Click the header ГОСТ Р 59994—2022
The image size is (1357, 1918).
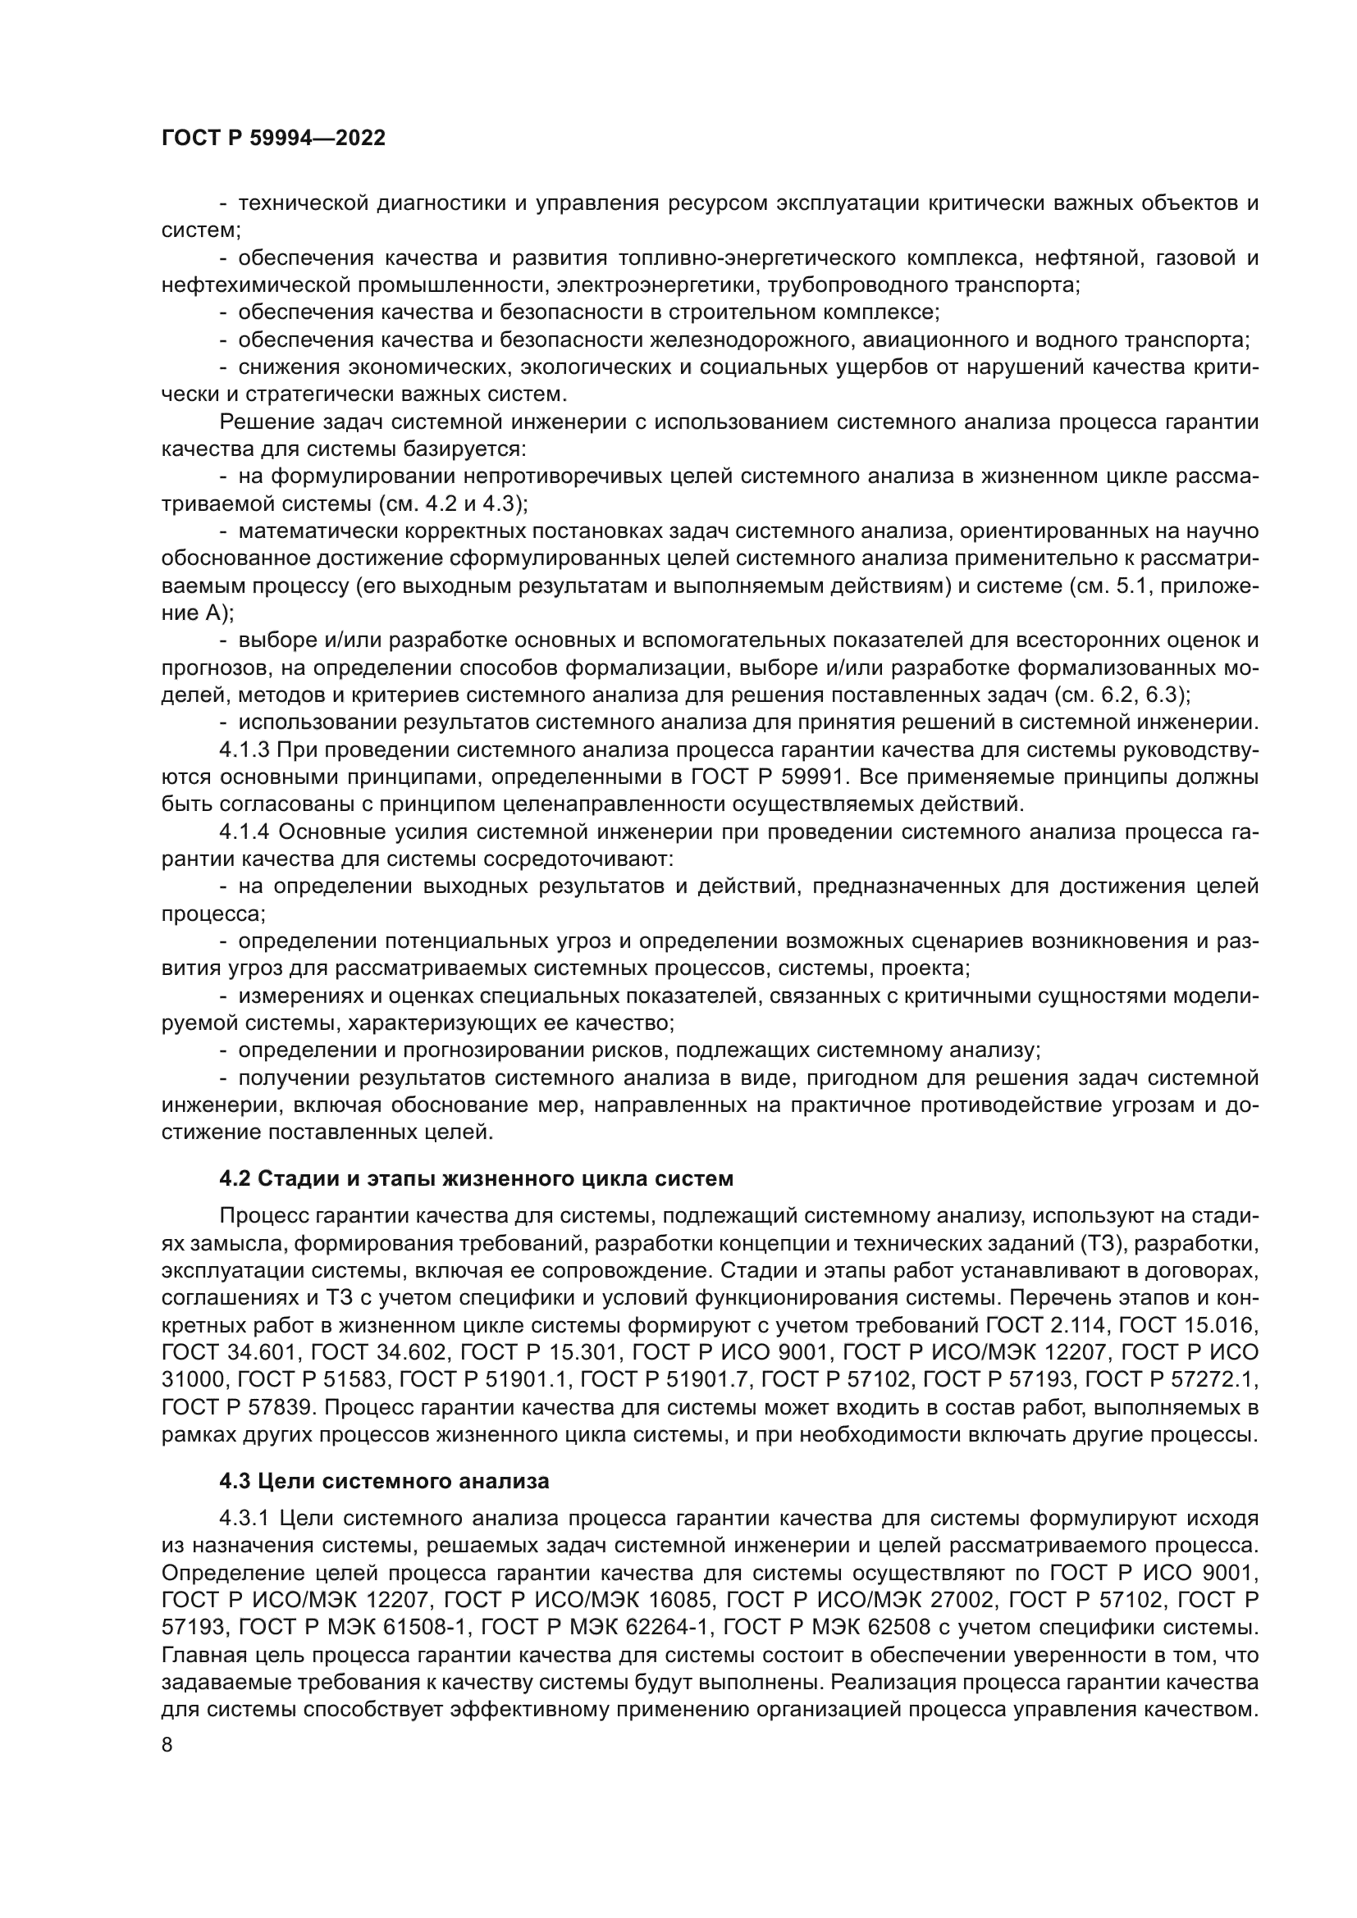(273, 139)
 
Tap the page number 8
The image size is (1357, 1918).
(167, 1746)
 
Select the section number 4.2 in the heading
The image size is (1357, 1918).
(235, 1178)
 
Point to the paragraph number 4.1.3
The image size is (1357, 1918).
(244, 750)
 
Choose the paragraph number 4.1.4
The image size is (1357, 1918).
(244, 832)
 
